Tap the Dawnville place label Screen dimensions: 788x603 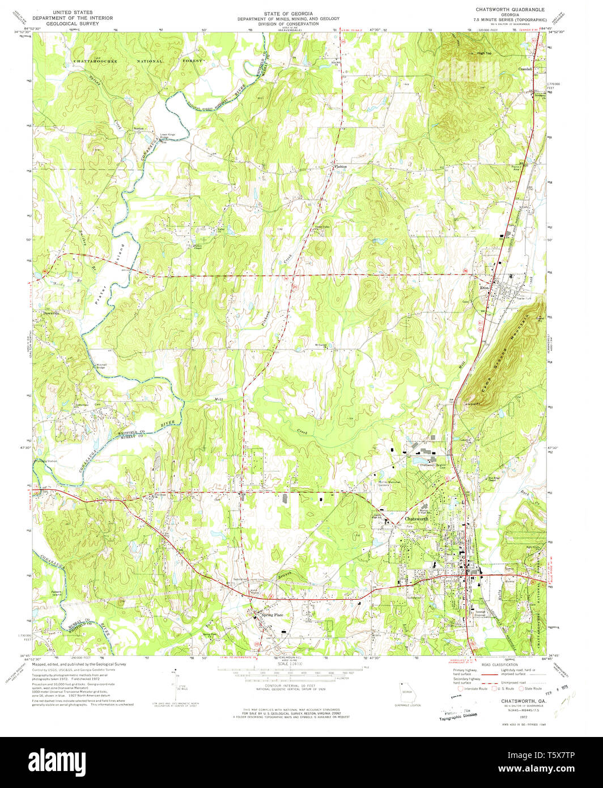(x=52, y=312)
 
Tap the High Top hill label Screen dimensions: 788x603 (x=484, y=53)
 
